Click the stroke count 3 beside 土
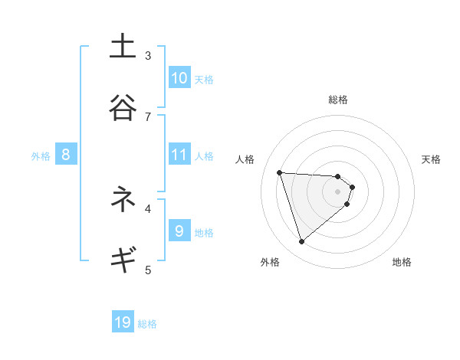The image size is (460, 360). (x=148, y=55)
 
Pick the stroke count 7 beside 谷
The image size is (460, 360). (x=148, y=116)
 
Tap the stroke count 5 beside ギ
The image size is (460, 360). (x=148, y=270)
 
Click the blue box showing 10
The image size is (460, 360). (x=179, y=77)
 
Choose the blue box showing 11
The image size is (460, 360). (x=179, y=155)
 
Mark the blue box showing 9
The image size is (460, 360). (x=179, y=231)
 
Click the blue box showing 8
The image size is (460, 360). (x=66, y=155)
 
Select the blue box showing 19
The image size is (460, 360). (x=123, y=322)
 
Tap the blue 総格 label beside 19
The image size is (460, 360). (x=147, y=324)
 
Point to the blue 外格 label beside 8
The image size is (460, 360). (x=41, y=156)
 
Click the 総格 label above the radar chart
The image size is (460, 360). (x=338, y=100)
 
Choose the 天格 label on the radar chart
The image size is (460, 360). (x=432, y=159)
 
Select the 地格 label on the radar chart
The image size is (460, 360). (x=402, y=262)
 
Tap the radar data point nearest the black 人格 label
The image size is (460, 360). (x=279, y=172)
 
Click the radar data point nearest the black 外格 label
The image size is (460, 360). (x=301, y=242)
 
